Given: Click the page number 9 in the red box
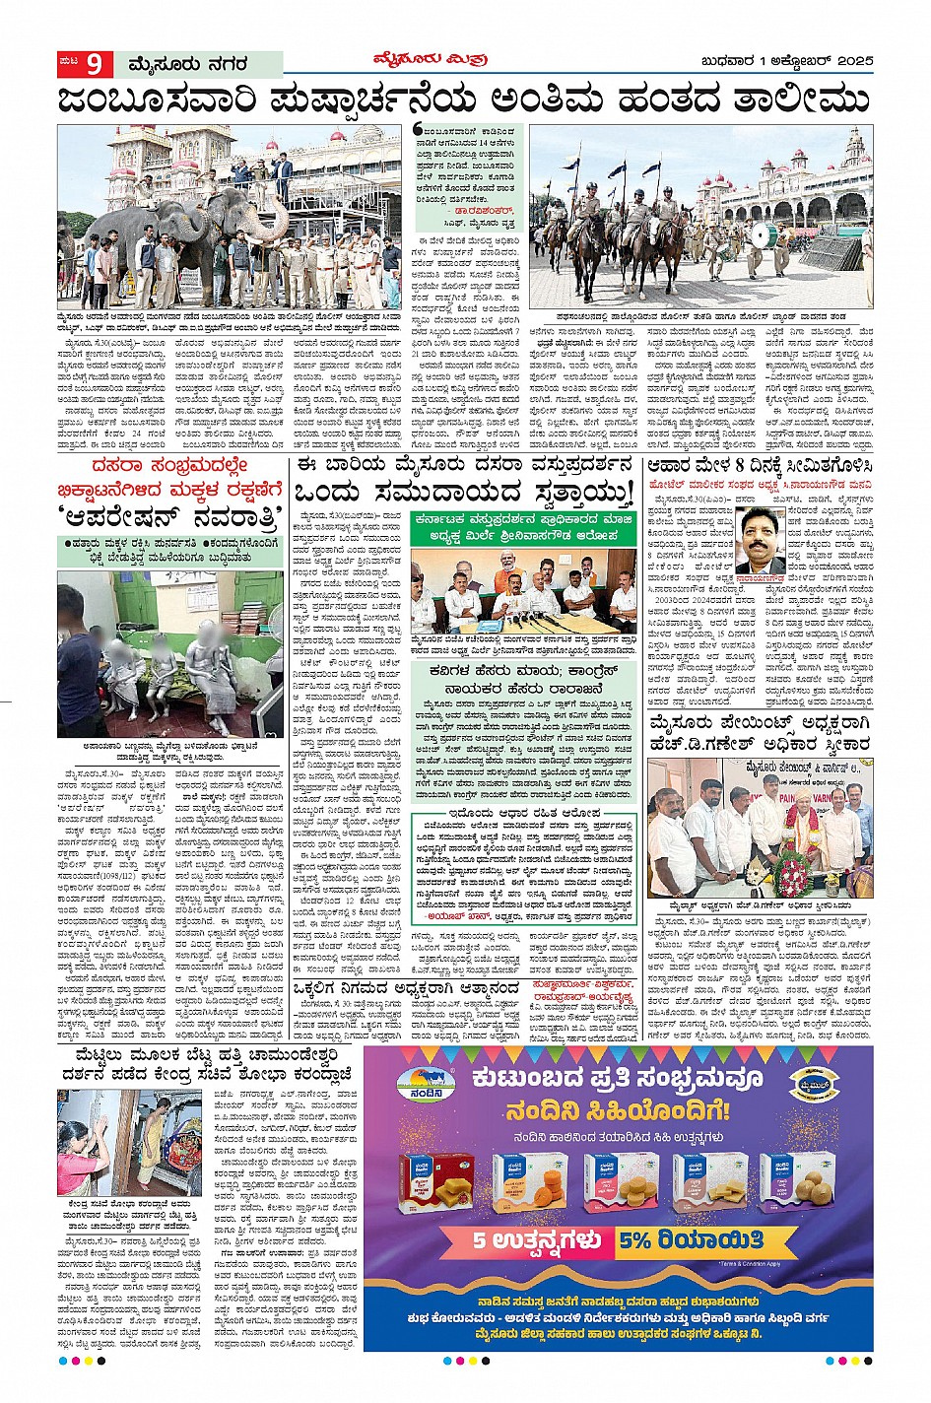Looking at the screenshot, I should tap(95, 65).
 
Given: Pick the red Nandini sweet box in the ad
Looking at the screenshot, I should tap(433, 1179).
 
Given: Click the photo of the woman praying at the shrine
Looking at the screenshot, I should tap(115, 1141).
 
